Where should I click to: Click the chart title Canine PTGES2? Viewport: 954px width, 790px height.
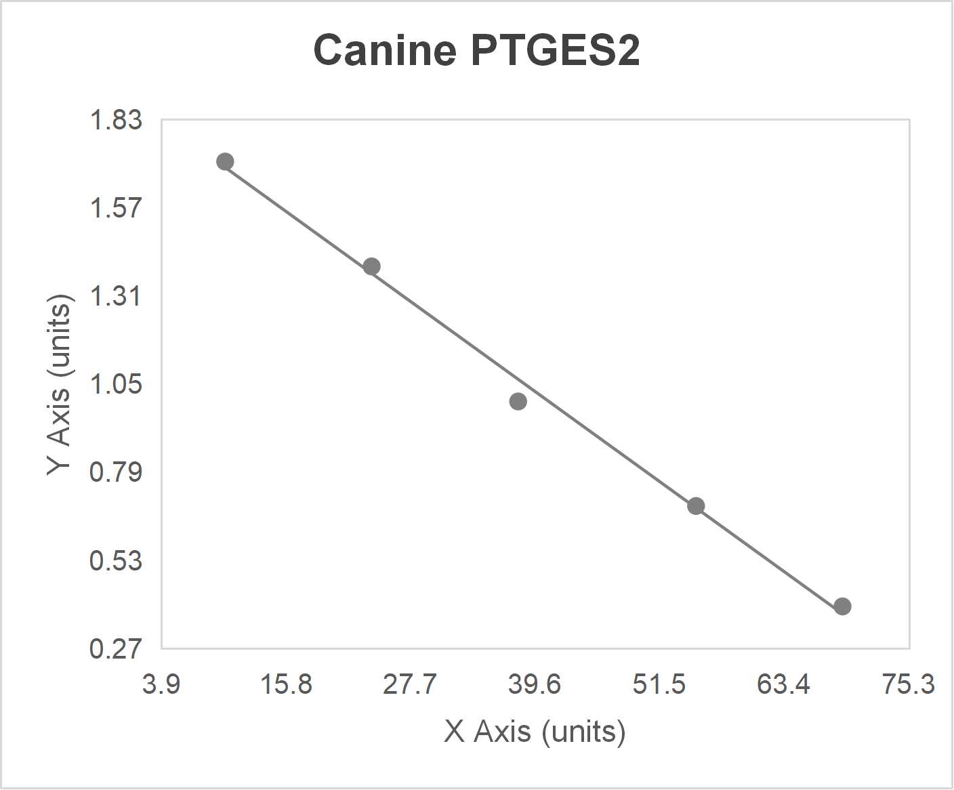pyautogui.click(x=476, y=50)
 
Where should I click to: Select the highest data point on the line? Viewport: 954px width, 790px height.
pyautogui.click(x=225, y=161)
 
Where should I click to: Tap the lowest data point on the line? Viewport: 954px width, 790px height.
pyautogui.click(x=842, y=606)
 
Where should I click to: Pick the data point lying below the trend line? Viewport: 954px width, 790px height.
pyautogui.click(x=518, y=402)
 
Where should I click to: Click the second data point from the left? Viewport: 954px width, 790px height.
pyautogui.click(x=371, y=266)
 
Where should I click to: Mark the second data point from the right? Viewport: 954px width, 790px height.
pyautogui.click(x=696, y=506)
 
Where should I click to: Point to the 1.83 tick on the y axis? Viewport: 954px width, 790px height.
pyautogui.click(x=116, y=120)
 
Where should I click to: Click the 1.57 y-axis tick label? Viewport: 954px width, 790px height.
pyautogui.click(x=116, y=208)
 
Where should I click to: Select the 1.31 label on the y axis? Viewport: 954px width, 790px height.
pyautogui.click(x=116, y=296)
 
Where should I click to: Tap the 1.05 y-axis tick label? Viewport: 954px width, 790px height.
pyautogui.click(x=116, y=384)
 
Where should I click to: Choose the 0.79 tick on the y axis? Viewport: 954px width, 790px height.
pyautogui.click(x=116, y=472)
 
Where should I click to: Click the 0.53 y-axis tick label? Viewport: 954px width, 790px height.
pyautogui.click(x=116, y=560)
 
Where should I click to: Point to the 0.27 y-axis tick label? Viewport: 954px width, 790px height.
pyautogui.click(x=116, y=648)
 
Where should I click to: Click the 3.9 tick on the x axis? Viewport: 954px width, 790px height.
pyautogui.click(x=161, y=684)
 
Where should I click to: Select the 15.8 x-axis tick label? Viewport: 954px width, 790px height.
pyautogui.click(x=286, y=684)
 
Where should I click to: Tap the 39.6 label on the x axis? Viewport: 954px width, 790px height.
pyautogui.click(x=535, y=684)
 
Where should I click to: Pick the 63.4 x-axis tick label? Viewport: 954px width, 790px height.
pyautogui.click(x=784, y=684)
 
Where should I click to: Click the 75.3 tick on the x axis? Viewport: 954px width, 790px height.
pyautogui.click(x=908, y=684)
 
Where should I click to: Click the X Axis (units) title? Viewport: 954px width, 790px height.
pyautogui.click(x=535, y=732)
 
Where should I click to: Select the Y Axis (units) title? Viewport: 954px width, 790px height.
pyautogui.click(x=60, y=384)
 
